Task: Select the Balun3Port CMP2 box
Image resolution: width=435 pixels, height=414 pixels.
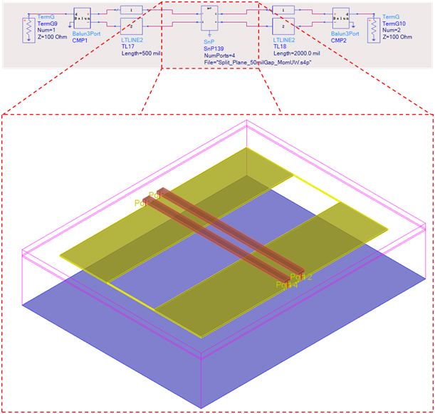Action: (340, 20)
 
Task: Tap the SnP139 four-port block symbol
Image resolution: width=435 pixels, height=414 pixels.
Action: (211, 18)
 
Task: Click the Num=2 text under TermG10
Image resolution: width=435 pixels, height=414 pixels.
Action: (392, 30)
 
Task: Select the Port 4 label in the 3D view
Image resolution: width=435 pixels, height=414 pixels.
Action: (288, 284)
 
